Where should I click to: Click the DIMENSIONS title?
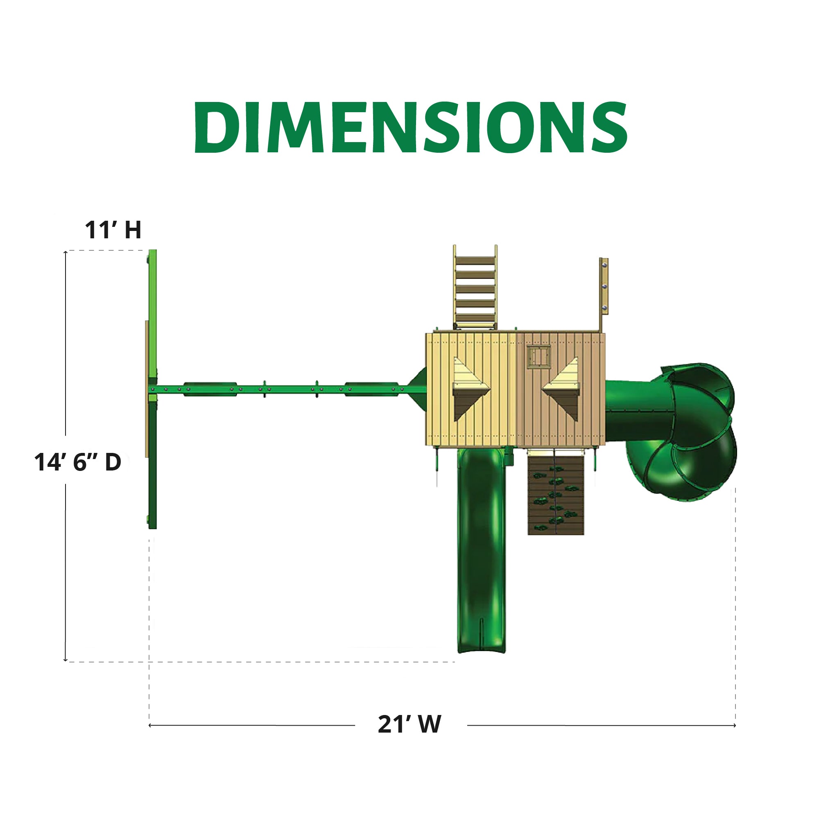pyautogui.click(x=410, y=127)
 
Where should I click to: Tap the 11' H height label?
pyautogui.click(x=113, y=230)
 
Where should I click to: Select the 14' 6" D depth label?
pyautogui.click(x=78, y=462)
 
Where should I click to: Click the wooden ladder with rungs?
pyautogui.click(x=475, y=287)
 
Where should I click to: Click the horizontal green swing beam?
pyautogui.click(x=280, y=389)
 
